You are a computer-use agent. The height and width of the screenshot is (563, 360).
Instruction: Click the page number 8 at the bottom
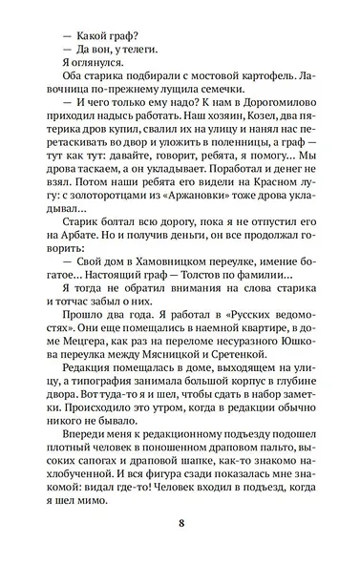[x=180, y=523]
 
